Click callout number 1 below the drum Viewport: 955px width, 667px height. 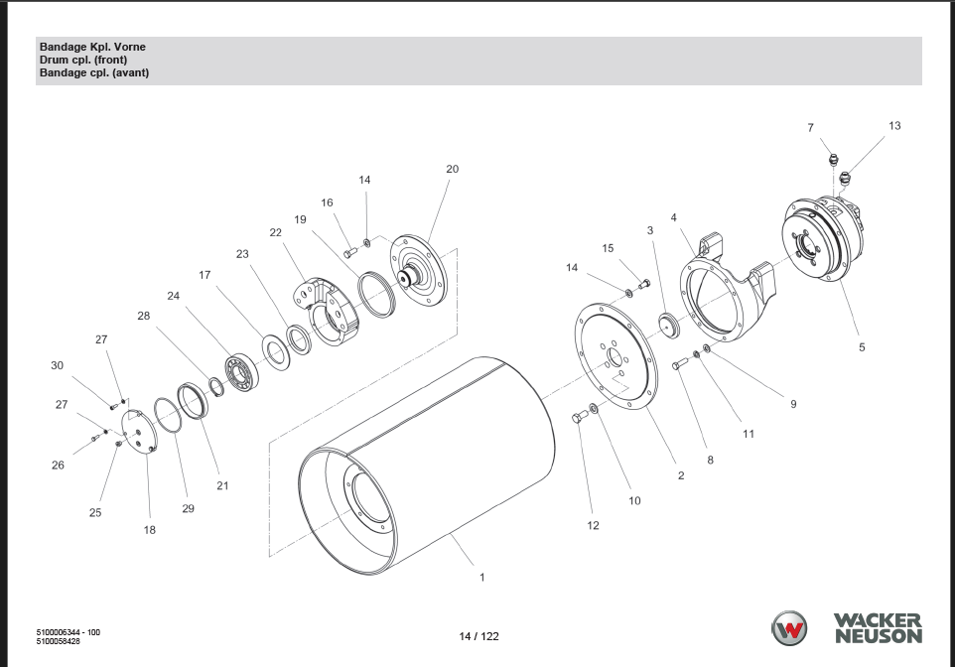click(482, 578)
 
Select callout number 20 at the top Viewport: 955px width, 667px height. click(452, 170)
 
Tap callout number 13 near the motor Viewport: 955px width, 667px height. click(894, 126)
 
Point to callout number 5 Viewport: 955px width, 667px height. click(862, 347)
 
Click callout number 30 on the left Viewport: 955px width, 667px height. click(57, 366)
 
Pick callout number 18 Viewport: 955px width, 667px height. click(150, 530)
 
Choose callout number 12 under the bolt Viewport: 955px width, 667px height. click(593, 526)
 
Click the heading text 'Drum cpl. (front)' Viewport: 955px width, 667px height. click(83, 60)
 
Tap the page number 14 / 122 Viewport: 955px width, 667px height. click(478, 636)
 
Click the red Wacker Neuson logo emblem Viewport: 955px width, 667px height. click(791, 628)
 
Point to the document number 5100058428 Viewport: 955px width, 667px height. click(59, 641)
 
